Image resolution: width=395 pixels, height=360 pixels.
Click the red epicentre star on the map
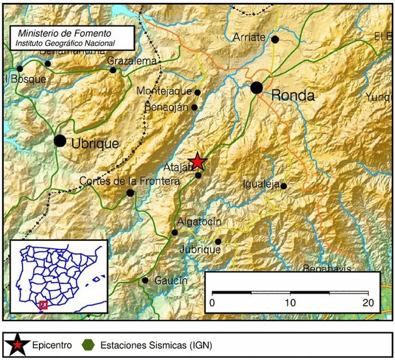197,161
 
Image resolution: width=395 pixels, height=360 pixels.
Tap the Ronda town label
293,95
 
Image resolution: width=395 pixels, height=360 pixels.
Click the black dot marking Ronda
256,88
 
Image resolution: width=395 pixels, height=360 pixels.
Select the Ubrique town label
94,144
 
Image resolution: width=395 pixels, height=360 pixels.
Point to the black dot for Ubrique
60,140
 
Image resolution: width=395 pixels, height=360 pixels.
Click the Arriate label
249,37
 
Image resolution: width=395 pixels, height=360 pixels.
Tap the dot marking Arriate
275,39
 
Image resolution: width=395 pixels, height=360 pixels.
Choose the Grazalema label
132,61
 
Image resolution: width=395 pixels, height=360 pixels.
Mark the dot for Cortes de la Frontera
130,193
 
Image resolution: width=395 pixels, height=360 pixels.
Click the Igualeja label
260,184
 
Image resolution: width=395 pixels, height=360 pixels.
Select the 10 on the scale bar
291,302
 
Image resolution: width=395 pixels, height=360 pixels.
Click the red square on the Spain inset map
42,305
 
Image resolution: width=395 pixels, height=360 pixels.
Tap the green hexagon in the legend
88,345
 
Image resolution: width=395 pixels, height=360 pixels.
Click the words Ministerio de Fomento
65,34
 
